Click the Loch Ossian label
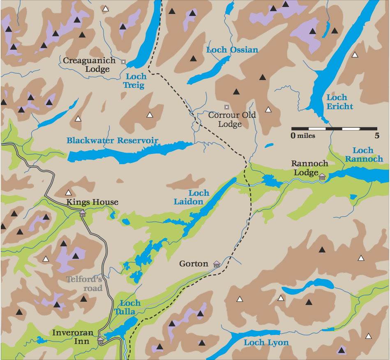click(232, 50)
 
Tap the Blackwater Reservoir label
click(112, 141)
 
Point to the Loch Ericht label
click(339, 102)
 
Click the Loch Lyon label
click(266, 342)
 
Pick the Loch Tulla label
click(130, 307)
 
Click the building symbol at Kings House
click(83, 213)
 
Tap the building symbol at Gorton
click(217, 264)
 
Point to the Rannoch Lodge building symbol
click(322, 177)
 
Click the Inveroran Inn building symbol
click(100, 340)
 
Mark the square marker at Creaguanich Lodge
click(123, 62)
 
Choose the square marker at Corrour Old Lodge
click(226, 107)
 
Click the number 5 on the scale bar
click(376, 135)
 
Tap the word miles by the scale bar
click(306, 135)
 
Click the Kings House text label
click(92, 202)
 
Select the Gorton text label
click(194, 264)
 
